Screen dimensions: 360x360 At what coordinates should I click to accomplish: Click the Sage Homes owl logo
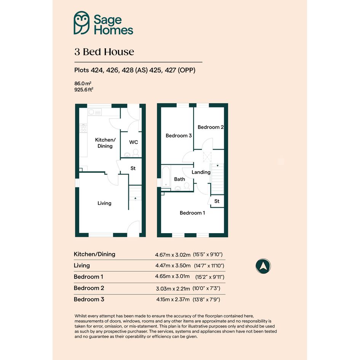coord(82,23)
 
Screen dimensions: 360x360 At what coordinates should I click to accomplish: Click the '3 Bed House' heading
coord(104,52)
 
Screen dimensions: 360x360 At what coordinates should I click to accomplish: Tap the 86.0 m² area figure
coord(83,83)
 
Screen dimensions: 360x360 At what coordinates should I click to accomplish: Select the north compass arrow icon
coord(263,266)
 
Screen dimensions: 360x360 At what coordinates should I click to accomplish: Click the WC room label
coord(134,142)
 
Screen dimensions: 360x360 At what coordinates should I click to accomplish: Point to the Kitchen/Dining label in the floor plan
coord(105,143)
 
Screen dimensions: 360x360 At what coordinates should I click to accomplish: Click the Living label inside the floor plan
coord(104,203)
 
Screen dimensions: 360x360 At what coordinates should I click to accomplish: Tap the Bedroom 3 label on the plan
coord(179,136)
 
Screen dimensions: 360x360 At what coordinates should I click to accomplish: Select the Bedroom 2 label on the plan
coord(211,127)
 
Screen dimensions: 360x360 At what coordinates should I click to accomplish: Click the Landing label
coord(201,172)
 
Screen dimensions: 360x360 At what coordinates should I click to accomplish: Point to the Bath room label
coord(179,179)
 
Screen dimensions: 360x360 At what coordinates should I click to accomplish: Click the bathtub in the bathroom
coord(166,177)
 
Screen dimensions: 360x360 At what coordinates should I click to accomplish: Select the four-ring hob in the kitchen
coord(83,128)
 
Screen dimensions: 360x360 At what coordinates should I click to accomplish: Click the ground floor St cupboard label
coord(133,168)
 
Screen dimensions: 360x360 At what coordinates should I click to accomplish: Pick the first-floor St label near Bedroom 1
coord(217,201)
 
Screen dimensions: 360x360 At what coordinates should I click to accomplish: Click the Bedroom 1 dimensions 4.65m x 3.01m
coord(173,276)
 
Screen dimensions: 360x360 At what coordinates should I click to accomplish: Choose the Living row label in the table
coord(82,266)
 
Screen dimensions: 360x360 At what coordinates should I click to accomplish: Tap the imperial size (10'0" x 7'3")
coord(206,288)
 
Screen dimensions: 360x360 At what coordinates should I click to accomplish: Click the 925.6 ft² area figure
coord(83,90)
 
